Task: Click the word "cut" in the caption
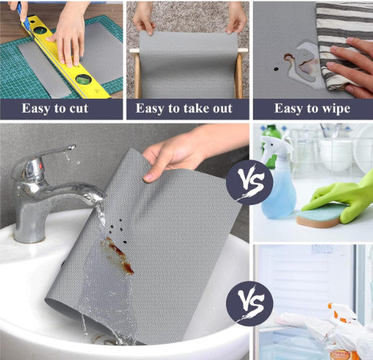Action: tap(78, 108)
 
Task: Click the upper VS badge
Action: tap(249, 183)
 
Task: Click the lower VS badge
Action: tap(249, 303)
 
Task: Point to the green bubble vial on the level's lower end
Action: tap(83, 79)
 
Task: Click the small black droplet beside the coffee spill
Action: tap(276, 69)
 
